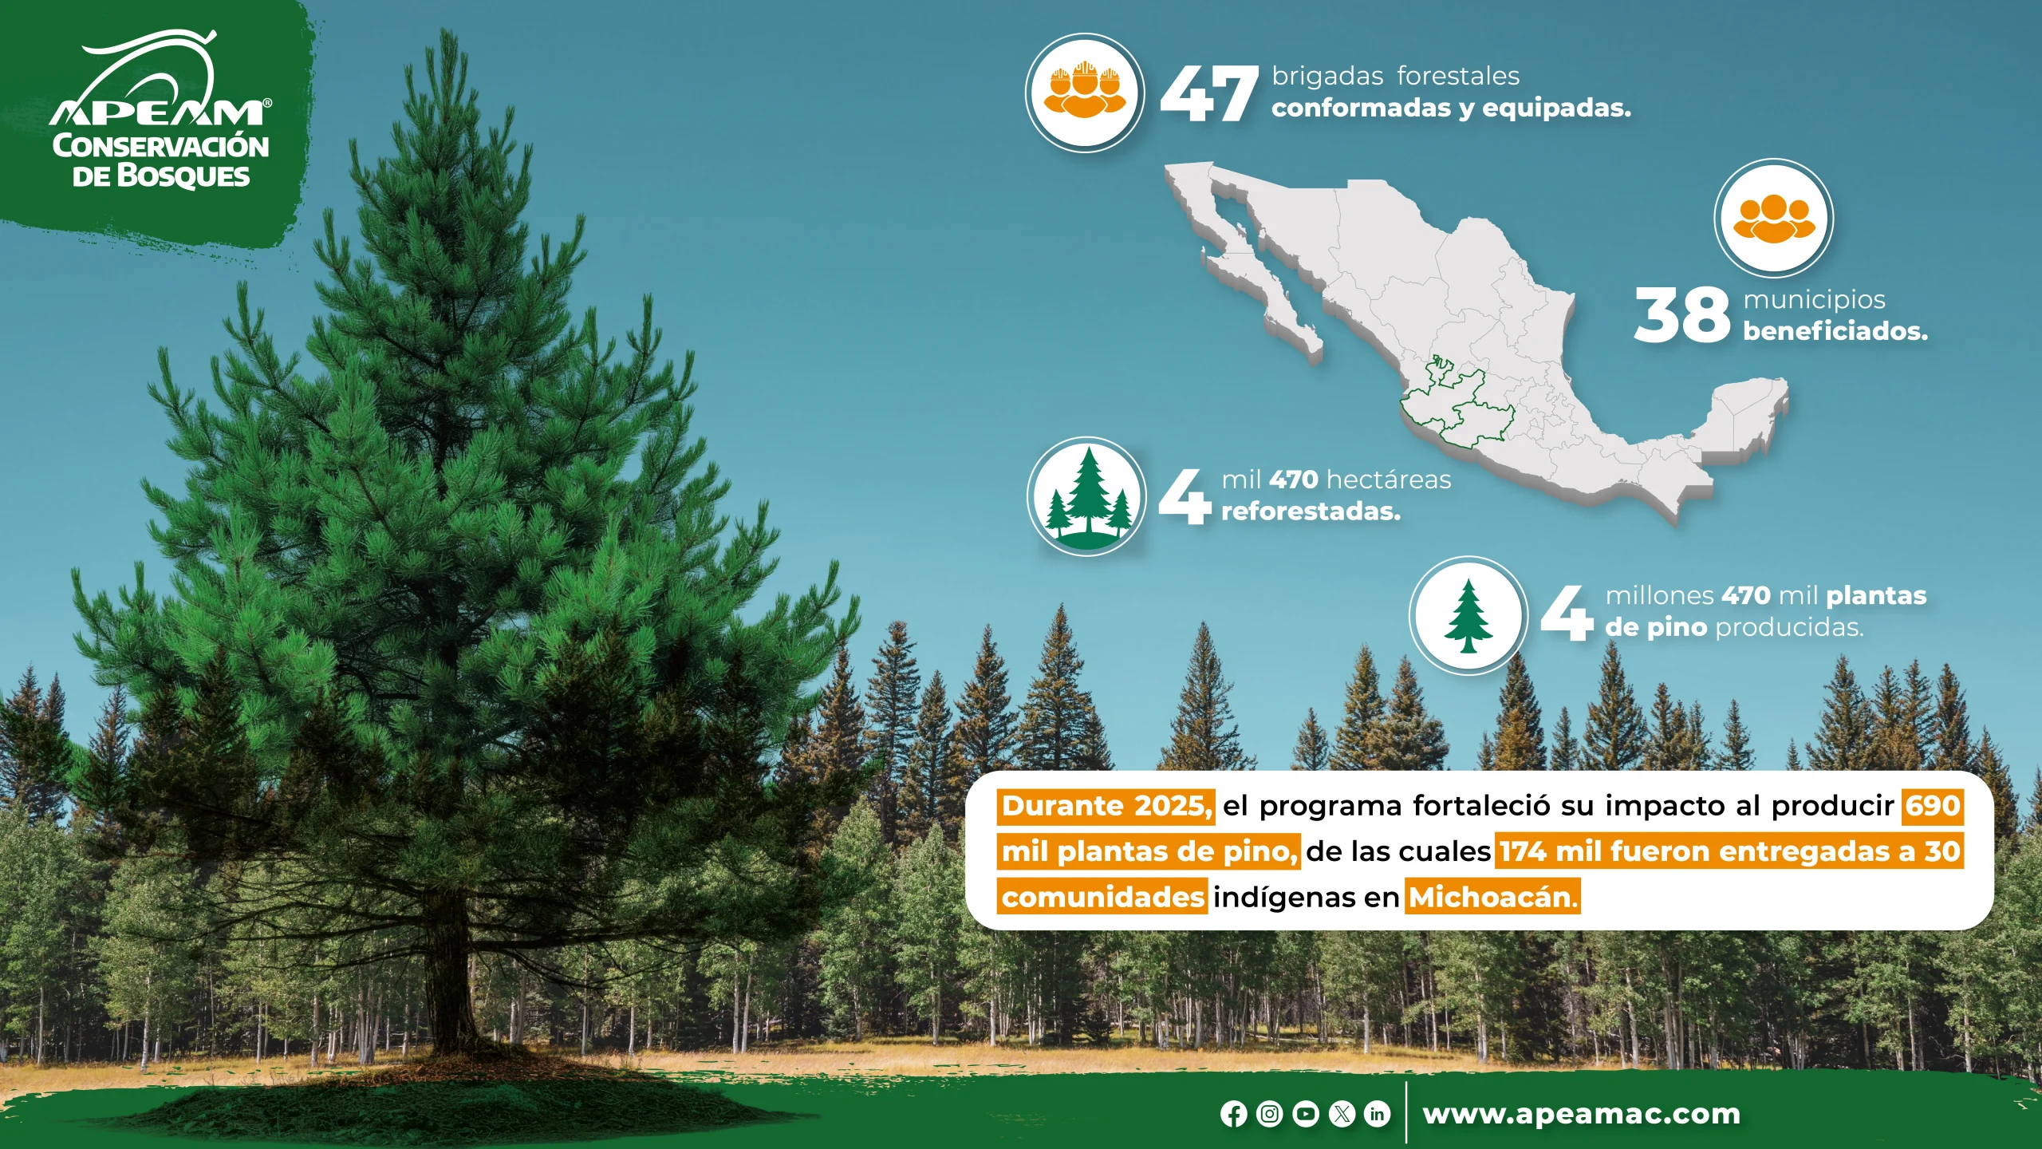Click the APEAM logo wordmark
160,113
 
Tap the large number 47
1208,93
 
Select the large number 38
1681,315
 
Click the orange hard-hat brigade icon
1085,93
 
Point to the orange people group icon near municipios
1773,218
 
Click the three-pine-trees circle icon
1086,496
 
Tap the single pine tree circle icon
1468,615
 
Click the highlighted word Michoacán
1492,898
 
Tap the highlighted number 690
1932,806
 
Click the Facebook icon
1233,1114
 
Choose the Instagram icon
1270,1114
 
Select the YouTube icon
1306,1114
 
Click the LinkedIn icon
1378,1114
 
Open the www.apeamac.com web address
1582,1114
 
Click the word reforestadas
1311,511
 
